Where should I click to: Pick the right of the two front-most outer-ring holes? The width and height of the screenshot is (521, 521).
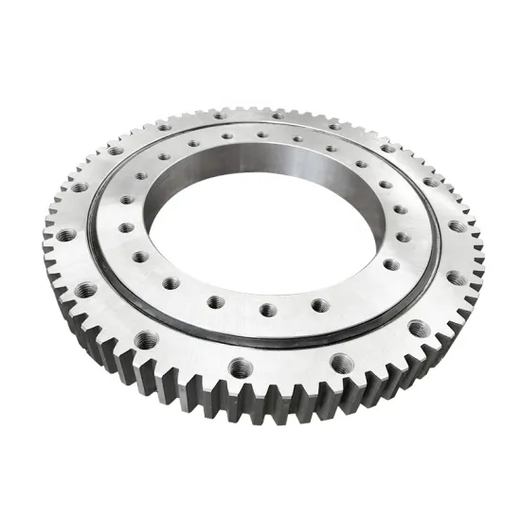(339, 361)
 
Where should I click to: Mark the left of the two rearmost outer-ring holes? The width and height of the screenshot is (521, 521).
(219, 115)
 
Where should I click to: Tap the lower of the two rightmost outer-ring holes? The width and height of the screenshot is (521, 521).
(455, 278)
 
